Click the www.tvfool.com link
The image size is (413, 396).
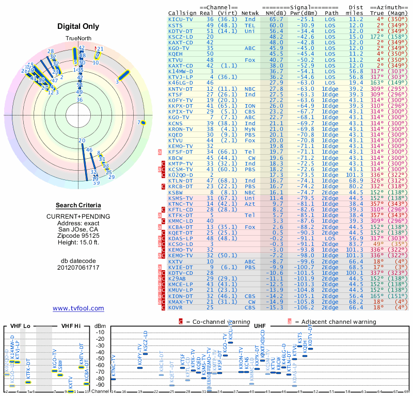click(78, 308)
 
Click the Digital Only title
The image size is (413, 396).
click(78, 26)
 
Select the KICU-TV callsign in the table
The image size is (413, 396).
click(181, 19)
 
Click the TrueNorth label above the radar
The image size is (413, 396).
click(78, 39)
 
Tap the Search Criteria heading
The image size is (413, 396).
click(78, 205)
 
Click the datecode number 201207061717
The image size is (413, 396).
click(78, 268)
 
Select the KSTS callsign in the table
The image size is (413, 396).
click(176, 25)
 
